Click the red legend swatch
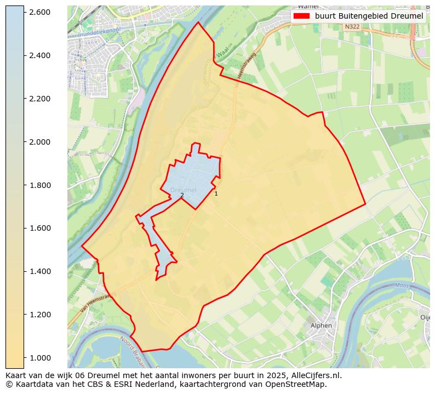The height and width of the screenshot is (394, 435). (301, 16)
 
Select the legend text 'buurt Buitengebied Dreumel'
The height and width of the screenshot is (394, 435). (369, 16)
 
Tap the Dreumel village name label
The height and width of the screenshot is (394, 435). (184, 190)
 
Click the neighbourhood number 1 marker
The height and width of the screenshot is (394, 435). (216, 193)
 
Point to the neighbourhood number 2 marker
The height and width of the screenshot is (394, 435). (182, 195)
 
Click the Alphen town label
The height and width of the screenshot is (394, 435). (321, 325)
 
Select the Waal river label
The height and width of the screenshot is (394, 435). (221, 53)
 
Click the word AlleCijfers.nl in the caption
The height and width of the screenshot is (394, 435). (314, 375)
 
